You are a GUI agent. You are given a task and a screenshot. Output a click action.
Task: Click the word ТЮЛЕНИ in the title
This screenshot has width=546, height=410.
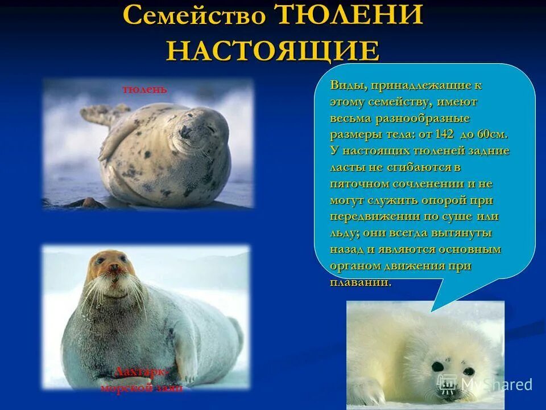[x=349, y=15]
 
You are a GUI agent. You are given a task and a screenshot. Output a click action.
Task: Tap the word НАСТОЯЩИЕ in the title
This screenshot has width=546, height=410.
[x=273, y=51]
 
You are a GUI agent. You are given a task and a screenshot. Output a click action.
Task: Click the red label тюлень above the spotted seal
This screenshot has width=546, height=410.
[x=144, y=89]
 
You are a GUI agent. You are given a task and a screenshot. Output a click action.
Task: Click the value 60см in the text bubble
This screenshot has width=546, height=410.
[x=490, y=135]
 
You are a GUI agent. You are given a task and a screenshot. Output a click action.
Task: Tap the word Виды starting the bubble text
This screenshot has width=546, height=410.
[x=347, y=86]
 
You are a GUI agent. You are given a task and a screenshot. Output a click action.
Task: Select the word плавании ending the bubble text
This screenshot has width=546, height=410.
[x=360, y=282]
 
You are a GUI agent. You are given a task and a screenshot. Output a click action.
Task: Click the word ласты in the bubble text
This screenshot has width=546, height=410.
[x=346, y=168]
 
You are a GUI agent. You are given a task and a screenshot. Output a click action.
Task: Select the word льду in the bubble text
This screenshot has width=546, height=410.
[x=344, y=233]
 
